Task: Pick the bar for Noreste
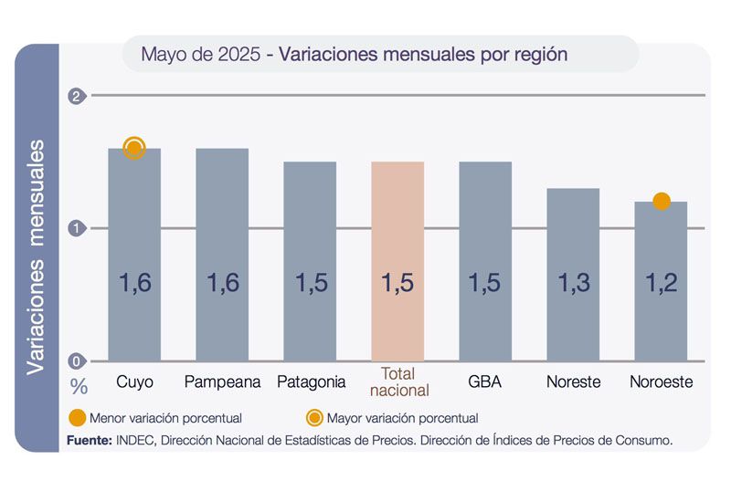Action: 573,274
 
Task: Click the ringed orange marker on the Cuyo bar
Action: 134,149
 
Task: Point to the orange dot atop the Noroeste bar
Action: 662,201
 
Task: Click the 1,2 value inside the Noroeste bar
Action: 661,283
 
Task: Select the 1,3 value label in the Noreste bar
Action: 573,283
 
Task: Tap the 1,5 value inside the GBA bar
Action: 485,283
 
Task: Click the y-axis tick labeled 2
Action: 77,96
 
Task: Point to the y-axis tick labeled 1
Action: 77,228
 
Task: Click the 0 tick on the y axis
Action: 77,360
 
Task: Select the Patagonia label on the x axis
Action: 311,381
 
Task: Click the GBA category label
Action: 485,381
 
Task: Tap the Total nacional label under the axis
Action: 397,382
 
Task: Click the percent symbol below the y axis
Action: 79,386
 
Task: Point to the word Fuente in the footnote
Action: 89,440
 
